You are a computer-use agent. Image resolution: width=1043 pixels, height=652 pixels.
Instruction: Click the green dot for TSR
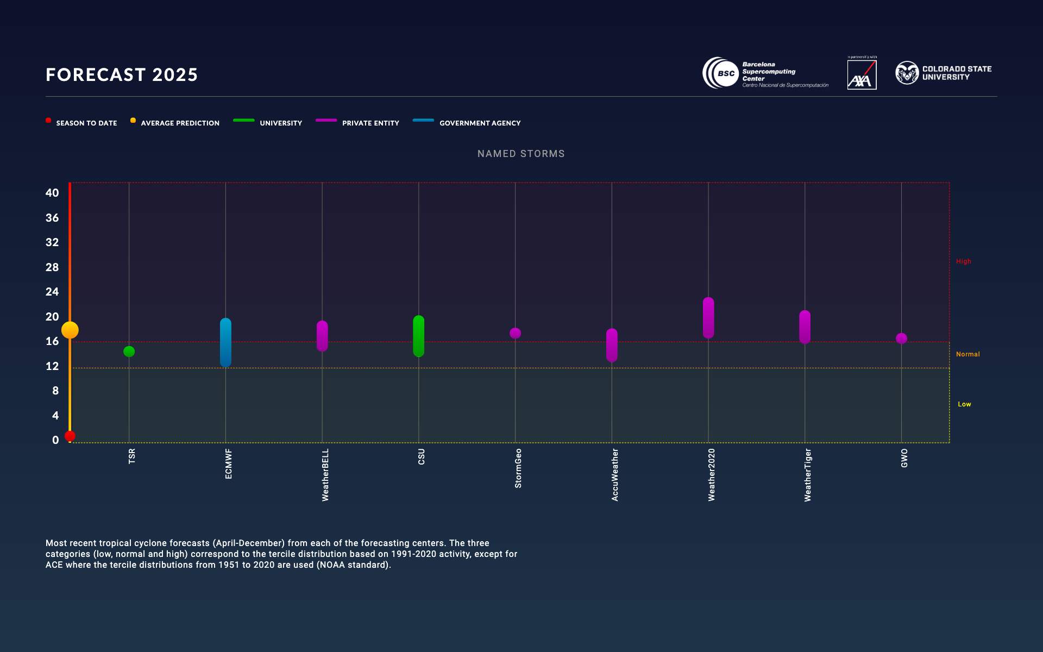129,352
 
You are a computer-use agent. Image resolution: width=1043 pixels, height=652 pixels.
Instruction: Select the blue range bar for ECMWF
225,342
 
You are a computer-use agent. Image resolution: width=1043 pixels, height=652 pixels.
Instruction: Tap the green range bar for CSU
418,336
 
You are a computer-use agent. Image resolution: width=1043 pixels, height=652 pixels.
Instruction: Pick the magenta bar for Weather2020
708,318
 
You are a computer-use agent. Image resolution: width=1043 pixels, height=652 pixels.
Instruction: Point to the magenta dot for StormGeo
515,333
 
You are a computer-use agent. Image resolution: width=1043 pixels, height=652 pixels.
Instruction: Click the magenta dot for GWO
901,338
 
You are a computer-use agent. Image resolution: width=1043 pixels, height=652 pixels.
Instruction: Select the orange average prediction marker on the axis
70,330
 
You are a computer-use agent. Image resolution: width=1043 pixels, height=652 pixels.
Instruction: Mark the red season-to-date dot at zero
70,436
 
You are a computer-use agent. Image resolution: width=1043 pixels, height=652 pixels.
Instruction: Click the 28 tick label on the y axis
52,267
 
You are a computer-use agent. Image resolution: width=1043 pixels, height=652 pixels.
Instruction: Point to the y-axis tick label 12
52,366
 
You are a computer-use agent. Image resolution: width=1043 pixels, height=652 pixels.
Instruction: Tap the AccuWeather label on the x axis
615,474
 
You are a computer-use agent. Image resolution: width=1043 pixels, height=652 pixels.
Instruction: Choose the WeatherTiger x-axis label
808,474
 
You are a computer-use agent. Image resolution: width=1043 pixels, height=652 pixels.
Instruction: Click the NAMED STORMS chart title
521,154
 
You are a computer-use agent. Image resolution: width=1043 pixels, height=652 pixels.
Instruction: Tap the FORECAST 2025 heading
122,74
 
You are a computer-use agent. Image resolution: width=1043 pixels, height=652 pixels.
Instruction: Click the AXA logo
862,74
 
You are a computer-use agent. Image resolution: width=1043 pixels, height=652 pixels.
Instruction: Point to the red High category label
963,261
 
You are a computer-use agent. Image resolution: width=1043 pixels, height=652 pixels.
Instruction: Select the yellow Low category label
964,404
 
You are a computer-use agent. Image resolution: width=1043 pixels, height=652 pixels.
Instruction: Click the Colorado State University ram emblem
907,73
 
